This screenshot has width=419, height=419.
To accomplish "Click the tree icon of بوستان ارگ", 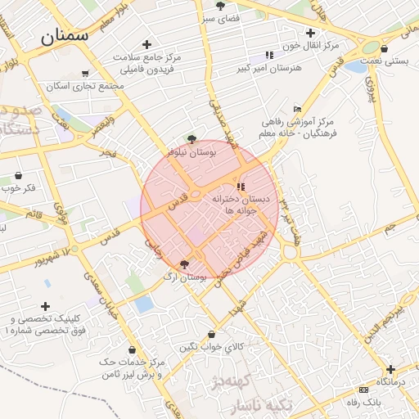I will point(183,264).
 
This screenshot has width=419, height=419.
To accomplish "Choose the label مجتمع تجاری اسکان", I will point(86,86).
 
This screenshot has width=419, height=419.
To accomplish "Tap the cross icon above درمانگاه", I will point(390,369).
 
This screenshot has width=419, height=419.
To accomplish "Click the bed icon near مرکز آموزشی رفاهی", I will point(296,110).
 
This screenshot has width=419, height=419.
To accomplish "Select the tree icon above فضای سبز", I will point(221,5).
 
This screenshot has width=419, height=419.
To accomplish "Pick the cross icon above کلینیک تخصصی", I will point(45,306).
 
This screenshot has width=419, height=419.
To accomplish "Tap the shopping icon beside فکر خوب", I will point(19,176).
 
